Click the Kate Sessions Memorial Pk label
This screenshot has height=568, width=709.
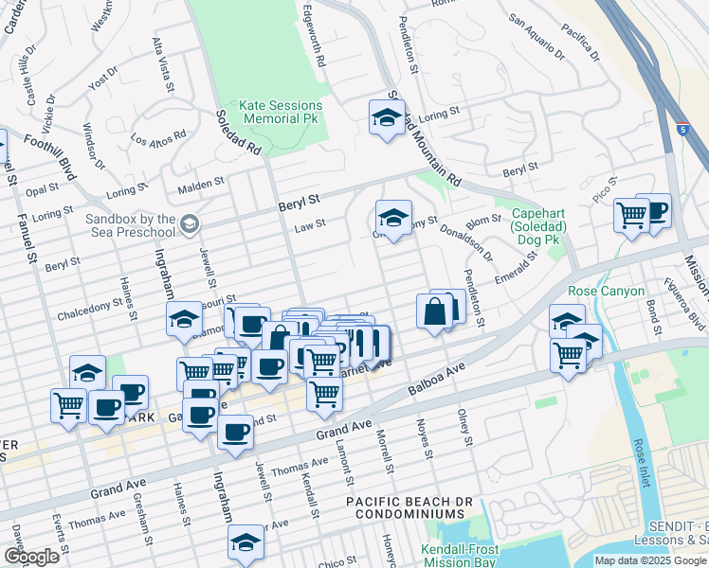coord(282,112)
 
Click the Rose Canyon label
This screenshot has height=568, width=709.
coord(606,291)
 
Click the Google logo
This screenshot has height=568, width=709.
coord(31,557)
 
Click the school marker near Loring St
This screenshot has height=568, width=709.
coord(386,117)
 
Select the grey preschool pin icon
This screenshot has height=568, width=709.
coord(190,224)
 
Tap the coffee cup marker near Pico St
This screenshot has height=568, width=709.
coord(653,210)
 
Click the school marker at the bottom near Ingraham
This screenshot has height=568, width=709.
coord(245,542)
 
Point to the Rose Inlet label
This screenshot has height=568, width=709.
coord(643,461)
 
